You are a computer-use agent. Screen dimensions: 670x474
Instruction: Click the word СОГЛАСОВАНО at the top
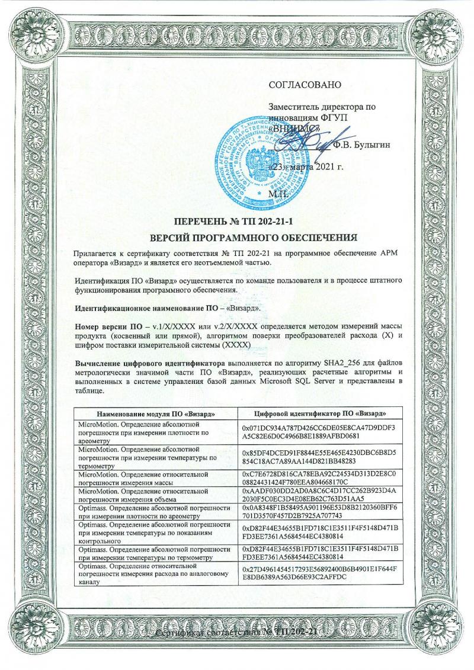tap(306, 84)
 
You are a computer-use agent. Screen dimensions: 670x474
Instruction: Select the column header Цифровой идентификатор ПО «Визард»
tap(321, 412)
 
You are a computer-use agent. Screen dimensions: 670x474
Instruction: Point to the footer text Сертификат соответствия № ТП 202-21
tap(237, 633)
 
